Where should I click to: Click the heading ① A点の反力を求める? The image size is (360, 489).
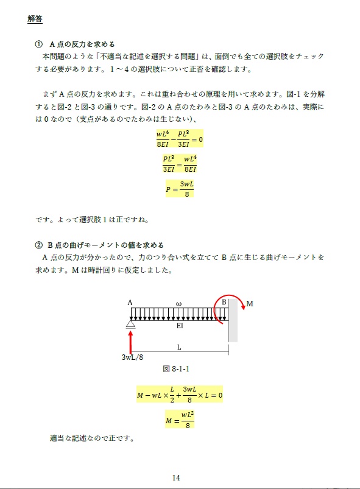(76, 44)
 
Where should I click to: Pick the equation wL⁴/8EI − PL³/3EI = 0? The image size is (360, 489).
(179, 138)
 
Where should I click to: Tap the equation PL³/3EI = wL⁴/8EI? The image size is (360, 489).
(180, 163)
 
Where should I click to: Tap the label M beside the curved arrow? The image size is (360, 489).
(250, 303)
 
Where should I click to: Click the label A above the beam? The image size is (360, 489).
(130, 303)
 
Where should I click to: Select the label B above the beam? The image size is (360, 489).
(224, 303)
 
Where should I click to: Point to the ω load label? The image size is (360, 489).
(178, 303)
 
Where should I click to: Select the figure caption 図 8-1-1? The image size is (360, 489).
(179, 368)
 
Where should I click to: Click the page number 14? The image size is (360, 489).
(176, 477)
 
